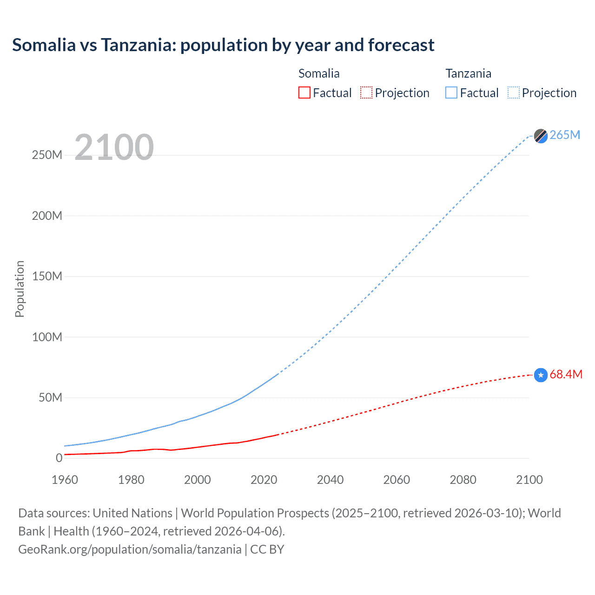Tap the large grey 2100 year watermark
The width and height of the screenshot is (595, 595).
pyautogui.click(x=114, y=147)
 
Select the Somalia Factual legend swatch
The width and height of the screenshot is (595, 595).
pyautogui.click(x=304, y=93)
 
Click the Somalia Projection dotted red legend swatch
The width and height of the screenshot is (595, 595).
pyautogui.click(x=366, y=93)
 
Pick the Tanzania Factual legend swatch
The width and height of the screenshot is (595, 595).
pyautogui.click(x=451, y=93)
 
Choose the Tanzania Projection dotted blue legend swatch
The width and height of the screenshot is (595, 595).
pyautogui.click(x=513, y=93)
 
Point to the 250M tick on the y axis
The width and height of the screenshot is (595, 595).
pyautogui.click(x=47, y=155)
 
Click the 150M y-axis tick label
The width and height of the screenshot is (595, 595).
pyautogui.click(x=47, y=277)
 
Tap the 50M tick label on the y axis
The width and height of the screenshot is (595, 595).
pyautogui.click(x=50, y=398)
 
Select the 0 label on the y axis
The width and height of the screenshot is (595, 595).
pyautogui.click(x=59, y=458)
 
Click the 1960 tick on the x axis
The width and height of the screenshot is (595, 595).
pyautogui.click(x=65, y=480)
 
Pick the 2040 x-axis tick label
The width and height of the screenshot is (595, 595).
pyautogui.click(x=330, y=480)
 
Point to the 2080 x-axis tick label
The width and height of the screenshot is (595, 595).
pyautogui.click(x=463, y=480)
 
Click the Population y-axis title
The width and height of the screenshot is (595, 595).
pyautogui.click(x=20, y=289)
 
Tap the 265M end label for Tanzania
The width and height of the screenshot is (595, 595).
pyautogui.click(x=565, y=135)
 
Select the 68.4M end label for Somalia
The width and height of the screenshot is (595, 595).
pyautogui.click(x=566, y=375)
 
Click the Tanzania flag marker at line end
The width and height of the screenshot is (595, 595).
pyautogui.click(x=541, y=136)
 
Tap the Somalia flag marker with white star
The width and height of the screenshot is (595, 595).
pyautogui.click(x=541, y=375)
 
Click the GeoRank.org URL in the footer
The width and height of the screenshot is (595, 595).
pyautogui.click(x=130, y=549)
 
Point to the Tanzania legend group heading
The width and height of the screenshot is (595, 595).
pyautogui.click(x=468, y=73)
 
